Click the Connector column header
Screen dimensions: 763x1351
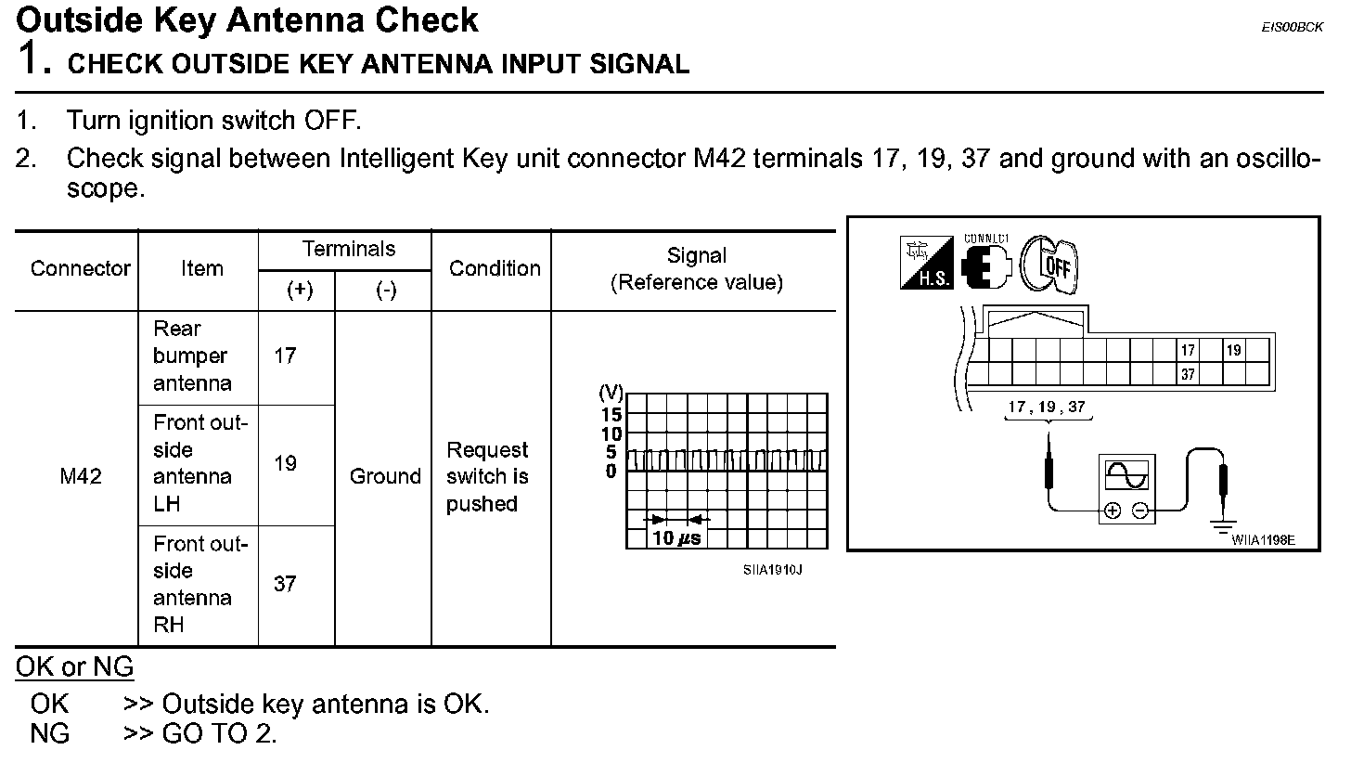coord(80,269)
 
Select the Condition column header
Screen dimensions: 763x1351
coord(494,269)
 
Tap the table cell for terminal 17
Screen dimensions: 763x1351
coord(285,356)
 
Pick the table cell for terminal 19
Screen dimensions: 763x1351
coord(285,463)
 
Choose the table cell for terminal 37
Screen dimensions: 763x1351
coord(285,584)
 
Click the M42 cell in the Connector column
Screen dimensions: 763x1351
coord(80,477)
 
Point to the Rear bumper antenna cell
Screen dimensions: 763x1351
coord(192,356)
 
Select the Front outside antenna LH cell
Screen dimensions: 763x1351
coord(197,463)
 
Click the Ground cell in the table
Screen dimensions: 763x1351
coord(385,477)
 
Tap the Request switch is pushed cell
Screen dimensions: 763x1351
coord(487,477)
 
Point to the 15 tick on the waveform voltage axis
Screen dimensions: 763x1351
coord(611,414)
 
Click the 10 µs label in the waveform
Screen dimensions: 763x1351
coord(676,537)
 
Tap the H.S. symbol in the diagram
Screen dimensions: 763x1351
coord(926,264)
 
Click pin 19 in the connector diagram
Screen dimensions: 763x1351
coord(1233,351)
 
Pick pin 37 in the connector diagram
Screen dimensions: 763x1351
coord(1188,374)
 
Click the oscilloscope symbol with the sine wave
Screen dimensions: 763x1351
coord(1126,488)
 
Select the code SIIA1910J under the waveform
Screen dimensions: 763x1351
coord(772,569)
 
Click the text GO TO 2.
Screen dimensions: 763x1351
coord(219,734)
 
